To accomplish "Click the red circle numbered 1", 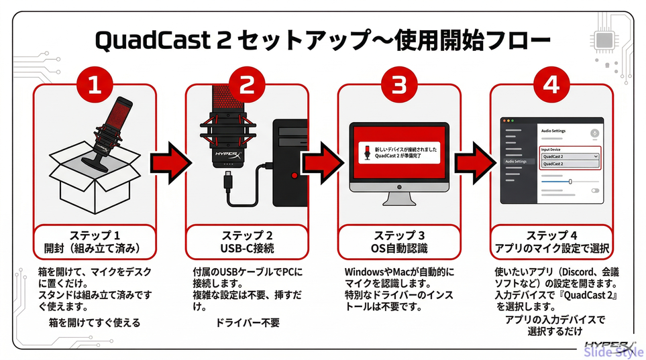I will pos(95,86).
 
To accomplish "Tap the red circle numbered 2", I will pos(247,86).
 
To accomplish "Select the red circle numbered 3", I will pos(399,86).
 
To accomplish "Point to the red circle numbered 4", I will pos(551,86).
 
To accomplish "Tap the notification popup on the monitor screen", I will pos(399,153).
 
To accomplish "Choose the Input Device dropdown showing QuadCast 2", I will pos(570,156).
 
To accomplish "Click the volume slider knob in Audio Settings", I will pos(570,181).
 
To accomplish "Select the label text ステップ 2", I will pos(247,235).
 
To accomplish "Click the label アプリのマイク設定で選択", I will pos(551,249).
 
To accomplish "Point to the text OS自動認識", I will pos(399,249).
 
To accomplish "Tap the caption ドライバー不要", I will pos(247,322).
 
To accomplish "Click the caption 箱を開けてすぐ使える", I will pos(95,322).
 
